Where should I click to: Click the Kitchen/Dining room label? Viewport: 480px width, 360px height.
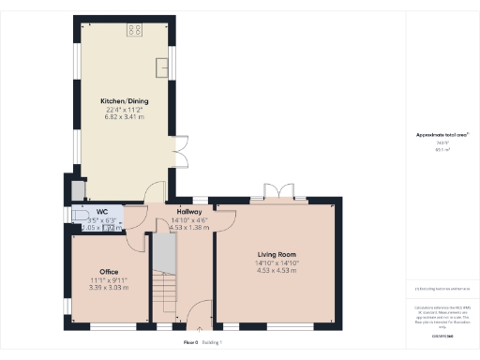(x=126, y=101)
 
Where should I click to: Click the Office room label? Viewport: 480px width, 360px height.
(x=109, y=272)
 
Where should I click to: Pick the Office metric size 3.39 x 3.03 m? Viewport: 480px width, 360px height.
(x=109, y=288)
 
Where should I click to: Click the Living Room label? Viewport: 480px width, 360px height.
(x=277, y=254)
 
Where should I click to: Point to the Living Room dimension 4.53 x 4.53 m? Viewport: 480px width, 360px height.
(x=277, y=271)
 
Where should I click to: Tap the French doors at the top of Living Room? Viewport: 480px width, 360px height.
(x=277, y=195)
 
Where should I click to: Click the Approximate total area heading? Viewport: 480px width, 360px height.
(x=442, y=135)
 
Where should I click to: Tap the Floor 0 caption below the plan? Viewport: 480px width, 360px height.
(x=191, y=344)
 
